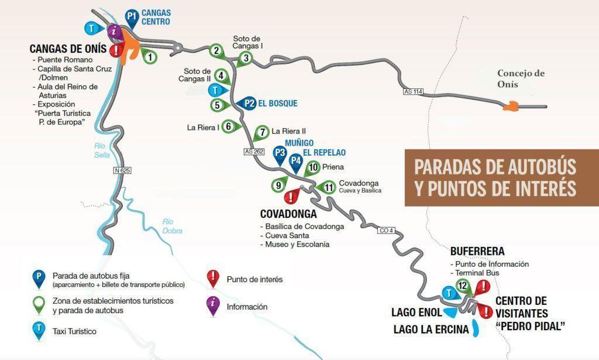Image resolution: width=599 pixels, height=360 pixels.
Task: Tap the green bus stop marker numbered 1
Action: coord(150,57)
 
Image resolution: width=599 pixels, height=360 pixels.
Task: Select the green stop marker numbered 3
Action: coord(246,57)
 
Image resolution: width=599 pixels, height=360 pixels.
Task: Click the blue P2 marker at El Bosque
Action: coord(250,103)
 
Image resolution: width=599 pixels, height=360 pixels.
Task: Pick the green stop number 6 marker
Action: coord(229,126)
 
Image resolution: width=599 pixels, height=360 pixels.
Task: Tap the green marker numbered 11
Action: coord(328,188)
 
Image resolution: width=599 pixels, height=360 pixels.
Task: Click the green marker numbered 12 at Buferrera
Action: coord(463,286)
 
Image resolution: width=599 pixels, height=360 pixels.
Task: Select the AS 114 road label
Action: coord(412,91)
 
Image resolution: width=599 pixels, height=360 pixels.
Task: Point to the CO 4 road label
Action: coord(386,231)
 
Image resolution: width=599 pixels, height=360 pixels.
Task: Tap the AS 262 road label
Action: coord(254,152)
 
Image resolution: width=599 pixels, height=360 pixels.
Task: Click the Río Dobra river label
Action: coord(173,226)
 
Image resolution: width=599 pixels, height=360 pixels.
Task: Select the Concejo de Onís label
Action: coord(521,79)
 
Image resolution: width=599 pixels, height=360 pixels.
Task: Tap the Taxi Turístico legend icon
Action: coord(39,331)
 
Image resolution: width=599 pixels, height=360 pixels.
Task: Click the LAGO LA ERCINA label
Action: coord(431,330)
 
